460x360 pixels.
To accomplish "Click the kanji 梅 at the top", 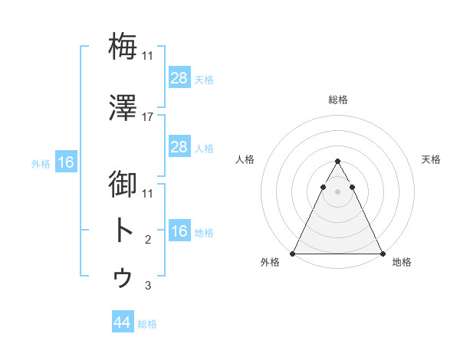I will (x=123, y=46).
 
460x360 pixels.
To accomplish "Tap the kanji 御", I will (x=123, y=184).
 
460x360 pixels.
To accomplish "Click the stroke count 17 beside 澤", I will (x=148, y=117).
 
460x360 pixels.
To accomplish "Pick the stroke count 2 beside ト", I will (x=148, y=241).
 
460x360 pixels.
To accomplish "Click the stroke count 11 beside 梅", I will (x=148, y=56).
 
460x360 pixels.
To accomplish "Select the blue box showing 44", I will (x=122, y=323).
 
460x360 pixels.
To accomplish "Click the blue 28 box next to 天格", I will (x=179, y=78).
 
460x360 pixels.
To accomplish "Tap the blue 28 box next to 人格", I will (x=179, y=147).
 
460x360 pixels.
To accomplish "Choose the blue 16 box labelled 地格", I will (x=179, y=232).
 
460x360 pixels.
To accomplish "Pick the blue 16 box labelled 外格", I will (x=65, y=162).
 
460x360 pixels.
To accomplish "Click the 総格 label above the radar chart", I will (x=337, y=100).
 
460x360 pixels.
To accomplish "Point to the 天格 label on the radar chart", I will (x=432, y=159).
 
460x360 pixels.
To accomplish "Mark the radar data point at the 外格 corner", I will (x=293, y=254).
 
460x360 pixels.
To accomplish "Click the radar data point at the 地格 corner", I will (x=382, y=254).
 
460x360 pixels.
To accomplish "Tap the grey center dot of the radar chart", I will (x=337, y=192).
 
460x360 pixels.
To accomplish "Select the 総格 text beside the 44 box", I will (x=147, y=324).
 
